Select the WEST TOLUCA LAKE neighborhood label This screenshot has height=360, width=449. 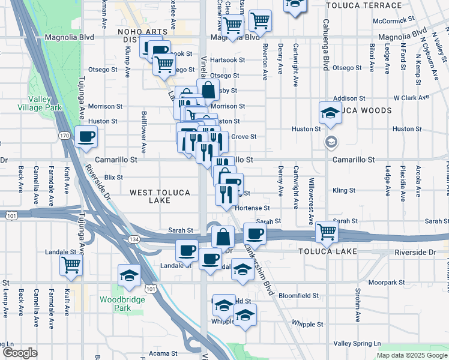coord(160,196)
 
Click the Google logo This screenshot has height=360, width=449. coord(19,353)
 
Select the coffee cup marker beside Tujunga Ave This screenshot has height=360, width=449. coord(86,136)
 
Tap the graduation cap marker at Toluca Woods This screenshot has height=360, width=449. coord(329,112)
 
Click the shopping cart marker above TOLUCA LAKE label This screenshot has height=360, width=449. coord(327,230)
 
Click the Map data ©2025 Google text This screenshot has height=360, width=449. coord(412,355)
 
